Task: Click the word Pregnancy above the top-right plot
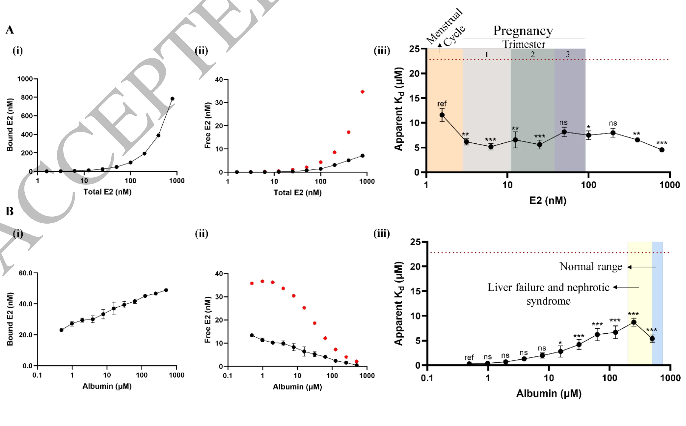pos(523,31)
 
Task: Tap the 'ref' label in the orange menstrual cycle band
pos(442,104)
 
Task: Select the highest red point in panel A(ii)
pos(363,92)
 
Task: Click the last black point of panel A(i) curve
pos(172,99)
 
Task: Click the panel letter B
pos(10,211)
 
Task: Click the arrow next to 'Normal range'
pos(642,267)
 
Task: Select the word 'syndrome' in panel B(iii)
pos(549,301)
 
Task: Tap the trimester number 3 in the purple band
pos(568,54)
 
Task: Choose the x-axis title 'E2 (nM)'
pos(548,201)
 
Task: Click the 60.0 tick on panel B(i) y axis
pos(26,273)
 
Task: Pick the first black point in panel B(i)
pos(61,330)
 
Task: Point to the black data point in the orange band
pos(442,115)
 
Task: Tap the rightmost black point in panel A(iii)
pos(662,150)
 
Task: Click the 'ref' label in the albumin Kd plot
pos(469,358)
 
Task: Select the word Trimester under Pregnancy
pos(524,44)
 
